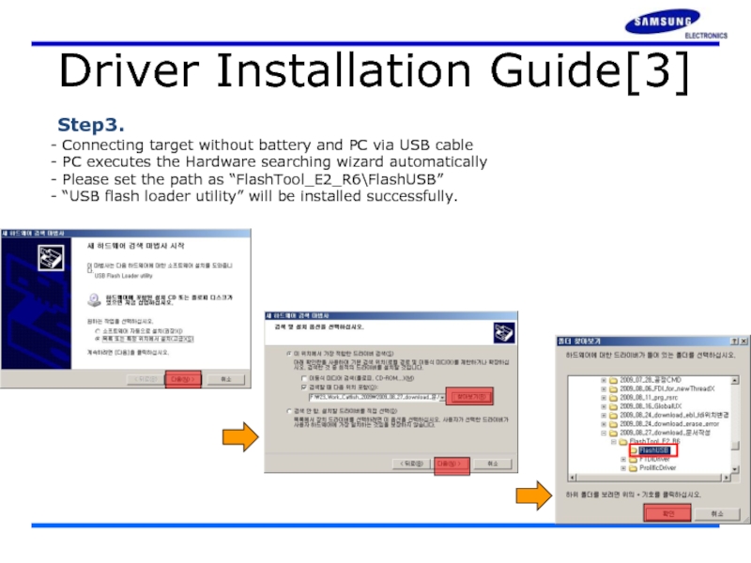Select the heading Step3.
click(x=91, y=125)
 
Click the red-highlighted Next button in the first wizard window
click(x=183, y=379)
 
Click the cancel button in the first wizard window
click(x=224, y=379)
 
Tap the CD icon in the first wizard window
click(x=94, y=300)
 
